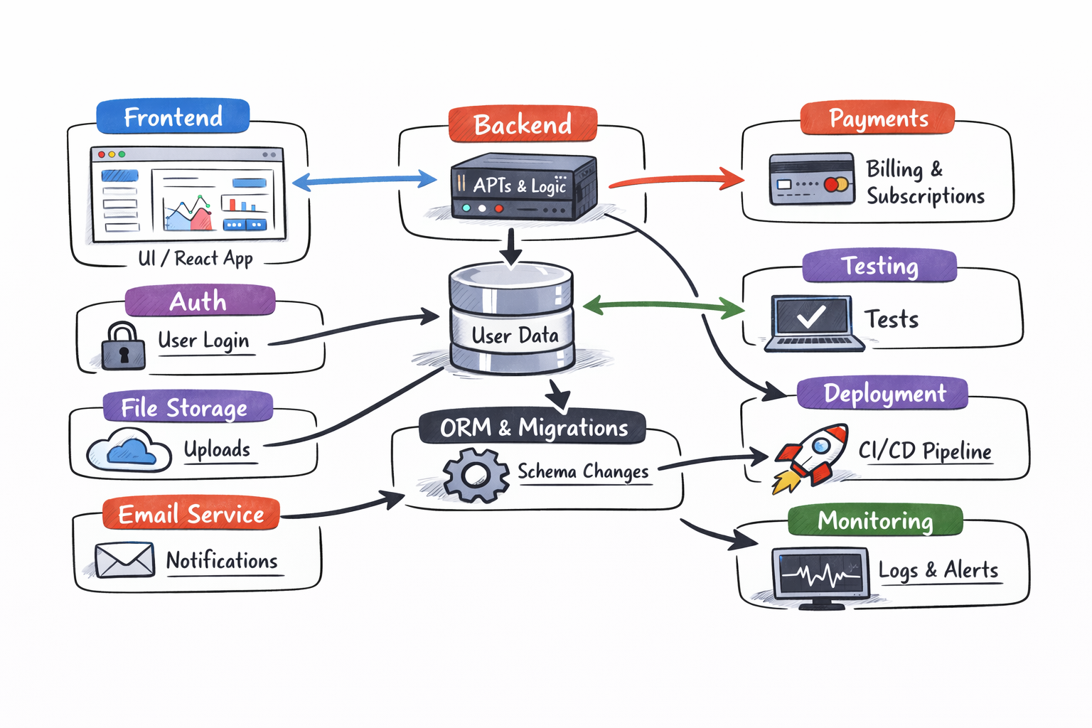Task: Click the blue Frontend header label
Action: (173, 117)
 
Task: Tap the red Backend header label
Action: (523, 124)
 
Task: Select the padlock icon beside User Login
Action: (123, 347)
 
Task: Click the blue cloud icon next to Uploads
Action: (129, 451)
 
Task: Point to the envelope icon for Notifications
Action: (125, 560)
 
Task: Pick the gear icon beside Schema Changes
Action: (475, 474)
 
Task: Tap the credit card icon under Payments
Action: (812, 178)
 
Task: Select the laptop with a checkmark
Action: (813, 322)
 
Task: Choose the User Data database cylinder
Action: (511, 319)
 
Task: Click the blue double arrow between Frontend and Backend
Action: (365, 181)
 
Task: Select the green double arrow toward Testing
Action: (663, 306)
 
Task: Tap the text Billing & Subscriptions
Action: (925, 182)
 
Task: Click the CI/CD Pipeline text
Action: (924, 451)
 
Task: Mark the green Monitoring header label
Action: (875, 520)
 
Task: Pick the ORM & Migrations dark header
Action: (533, 428)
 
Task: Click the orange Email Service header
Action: (191, 514)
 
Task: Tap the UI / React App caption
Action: (196, 258)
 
